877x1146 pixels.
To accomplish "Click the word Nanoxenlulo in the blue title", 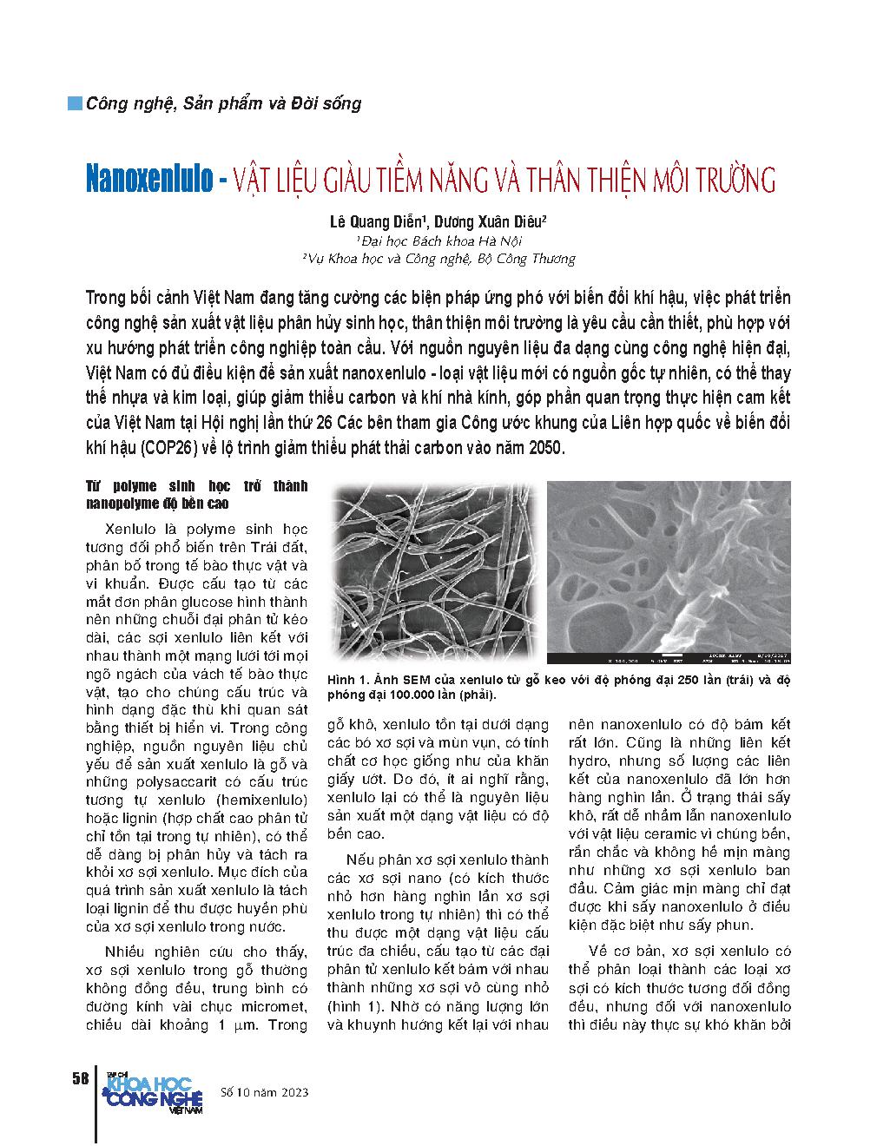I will tap(148, 180).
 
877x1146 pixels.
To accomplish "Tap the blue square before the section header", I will tap(76, 103).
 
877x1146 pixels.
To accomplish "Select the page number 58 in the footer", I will tap(80, 1078).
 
